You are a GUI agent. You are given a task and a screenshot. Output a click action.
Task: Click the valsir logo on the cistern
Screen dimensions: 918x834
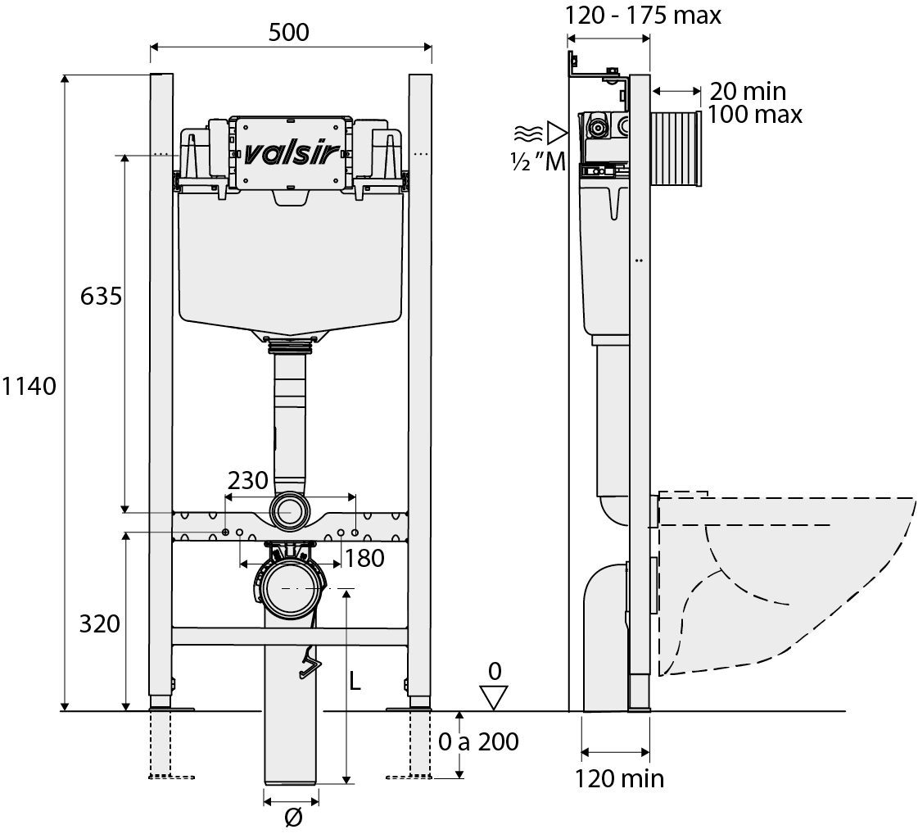(290, 154)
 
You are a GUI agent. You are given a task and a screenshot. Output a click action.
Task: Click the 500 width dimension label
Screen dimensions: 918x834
(288, 32)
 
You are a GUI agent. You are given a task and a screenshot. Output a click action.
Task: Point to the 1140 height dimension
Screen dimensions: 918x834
(29, 386)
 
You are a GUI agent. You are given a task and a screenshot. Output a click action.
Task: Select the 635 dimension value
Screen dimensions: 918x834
(101, 296)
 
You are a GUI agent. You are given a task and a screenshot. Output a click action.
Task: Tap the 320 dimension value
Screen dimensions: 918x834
(100, 623)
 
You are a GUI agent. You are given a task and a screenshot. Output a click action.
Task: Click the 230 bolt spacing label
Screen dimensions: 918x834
(247, 480)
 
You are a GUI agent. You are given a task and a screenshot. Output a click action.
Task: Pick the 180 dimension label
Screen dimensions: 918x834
(364, 558)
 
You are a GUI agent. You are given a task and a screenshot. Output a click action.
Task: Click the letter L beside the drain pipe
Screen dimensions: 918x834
(355, 681)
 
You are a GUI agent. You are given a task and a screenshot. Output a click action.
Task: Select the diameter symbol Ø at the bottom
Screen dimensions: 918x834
(292, 817)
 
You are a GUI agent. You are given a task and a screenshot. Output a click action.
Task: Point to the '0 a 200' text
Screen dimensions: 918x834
(478, 741)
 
